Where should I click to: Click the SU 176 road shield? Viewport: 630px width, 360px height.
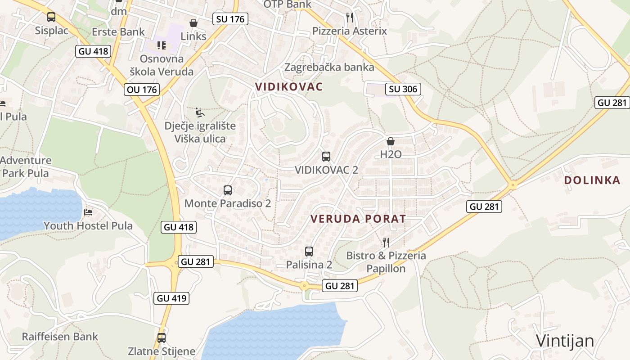click(x=230, y=18)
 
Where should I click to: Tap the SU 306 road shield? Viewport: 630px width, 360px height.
click(x=403, y=89)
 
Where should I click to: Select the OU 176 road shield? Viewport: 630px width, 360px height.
click(x=142, y=90)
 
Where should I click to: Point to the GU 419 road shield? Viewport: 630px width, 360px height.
click(x=171, y=298)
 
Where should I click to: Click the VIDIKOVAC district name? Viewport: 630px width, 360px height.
click(x=289, y=86)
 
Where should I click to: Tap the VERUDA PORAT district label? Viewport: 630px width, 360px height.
click(x=358, y=219)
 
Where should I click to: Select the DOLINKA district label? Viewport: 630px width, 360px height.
click(x=592, y=180)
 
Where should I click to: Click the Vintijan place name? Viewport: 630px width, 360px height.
click(x=565, y=341)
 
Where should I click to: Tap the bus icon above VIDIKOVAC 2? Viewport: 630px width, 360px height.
click(x=326, y=157)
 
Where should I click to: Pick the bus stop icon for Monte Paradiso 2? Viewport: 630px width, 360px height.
click(x=228, y=190)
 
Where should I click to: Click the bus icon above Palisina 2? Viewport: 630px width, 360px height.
click(x=309, y=252)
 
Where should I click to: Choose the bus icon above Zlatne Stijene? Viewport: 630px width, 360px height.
click(x=162, y=338)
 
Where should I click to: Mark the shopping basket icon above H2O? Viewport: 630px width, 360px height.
click(x=391, y=141)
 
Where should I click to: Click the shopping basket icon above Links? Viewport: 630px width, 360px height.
click(x=193, y=23)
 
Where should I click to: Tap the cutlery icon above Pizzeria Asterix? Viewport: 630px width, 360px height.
click(x=350, y=18)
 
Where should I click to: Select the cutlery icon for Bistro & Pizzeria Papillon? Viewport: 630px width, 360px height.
click(x=386, y=243)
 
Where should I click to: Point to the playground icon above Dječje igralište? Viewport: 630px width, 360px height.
click(x=200, y=112)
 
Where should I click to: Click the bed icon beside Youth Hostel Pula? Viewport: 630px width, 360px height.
click(x=89, y=212)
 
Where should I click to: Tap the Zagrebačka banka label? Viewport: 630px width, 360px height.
click(x=329, y=67)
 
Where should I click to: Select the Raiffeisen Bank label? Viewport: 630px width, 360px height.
click(x=60, y=337)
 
